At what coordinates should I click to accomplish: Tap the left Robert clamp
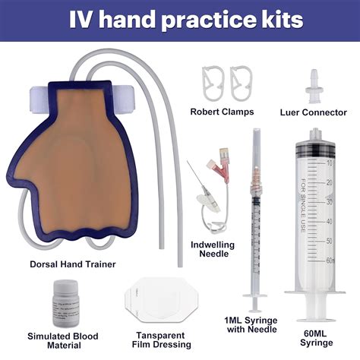tap(212, 80)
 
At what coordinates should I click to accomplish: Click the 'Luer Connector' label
tap(313, 112)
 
